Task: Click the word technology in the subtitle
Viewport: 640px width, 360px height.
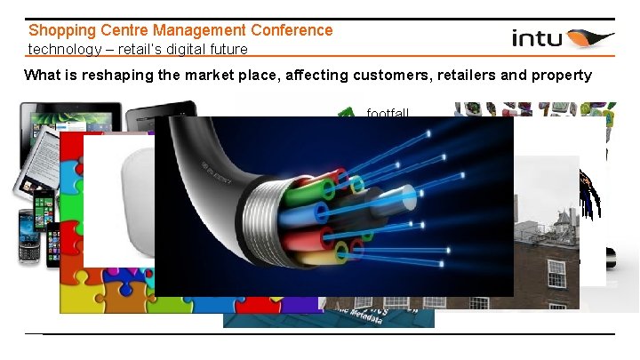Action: click(x=62, y=49)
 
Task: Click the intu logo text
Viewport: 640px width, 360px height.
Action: click(x=537, y=38)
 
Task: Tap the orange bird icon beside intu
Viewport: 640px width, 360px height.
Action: click(x=589, y=38)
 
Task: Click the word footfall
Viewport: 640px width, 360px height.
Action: click(x=388, y=113)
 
